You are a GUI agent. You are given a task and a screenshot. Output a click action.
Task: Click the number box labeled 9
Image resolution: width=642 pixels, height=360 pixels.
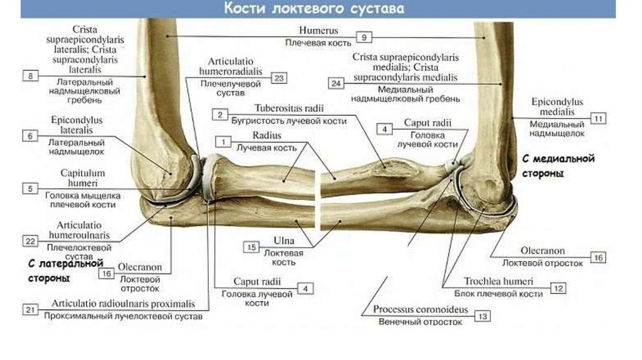(x=364, y=38)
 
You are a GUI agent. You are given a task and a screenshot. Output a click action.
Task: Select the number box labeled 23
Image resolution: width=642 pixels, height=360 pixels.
(x=279, y=78)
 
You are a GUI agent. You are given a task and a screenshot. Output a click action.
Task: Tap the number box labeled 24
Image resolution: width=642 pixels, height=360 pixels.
(x=336, y=83)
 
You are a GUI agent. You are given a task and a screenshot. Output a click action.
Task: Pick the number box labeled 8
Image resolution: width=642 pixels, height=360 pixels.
(x=30, y=76)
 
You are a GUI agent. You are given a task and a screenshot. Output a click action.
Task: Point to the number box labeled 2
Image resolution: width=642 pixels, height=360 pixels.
(x=219, y=114)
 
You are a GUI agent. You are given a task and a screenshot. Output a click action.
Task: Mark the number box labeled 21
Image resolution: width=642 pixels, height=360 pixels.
(x=30, y=309)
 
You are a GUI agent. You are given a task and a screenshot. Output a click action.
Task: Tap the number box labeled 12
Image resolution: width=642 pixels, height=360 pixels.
(x=557, y=287)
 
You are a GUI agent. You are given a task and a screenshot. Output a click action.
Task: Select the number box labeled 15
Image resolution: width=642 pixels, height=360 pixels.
(x=251, y=248)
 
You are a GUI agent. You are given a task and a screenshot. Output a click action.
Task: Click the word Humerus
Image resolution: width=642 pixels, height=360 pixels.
(x=318, y=30)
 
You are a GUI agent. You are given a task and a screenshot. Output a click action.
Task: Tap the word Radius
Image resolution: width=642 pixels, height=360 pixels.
(x=267, y=135)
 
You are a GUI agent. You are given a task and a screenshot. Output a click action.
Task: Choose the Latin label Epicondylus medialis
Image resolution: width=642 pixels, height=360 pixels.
(x=557, y=107)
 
